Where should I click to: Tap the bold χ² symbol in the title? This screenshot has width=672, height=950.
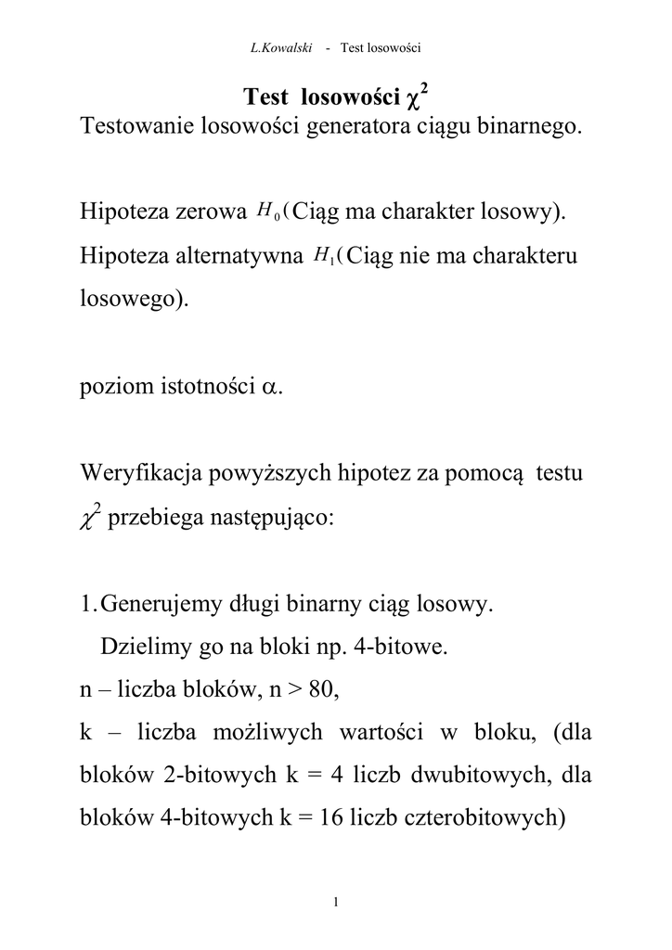pos(418,96)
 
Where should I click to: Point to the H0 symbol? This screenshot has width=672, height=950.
pos(267,212)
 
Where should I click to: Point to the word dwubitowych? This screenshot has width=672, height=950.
pos(482,775)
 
